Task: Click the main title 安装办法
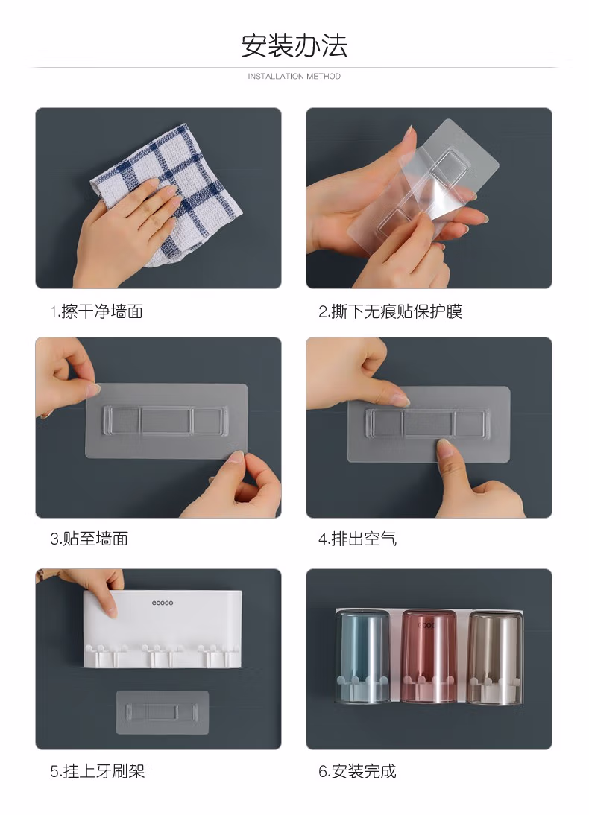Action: tap(294, 45)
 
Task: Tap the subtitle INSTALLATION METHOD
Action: tap(294, 77)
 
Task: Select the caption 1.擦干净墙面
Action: tap(96, 312)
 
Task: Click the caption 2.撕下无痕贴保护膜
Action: tap(390, 312)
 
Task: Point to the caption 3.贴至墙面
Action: tap(89, 539)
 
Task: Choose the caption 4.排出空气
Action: tap(357, 539)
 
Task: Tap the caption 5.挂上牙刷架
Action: tap(98, 771)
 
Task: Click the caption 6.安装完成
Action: tap(357, 771)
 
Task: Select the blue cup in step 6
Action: tap(362, 657)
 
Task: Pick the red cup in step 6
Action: tap(429, 657)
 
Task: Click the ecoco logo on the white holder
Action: tap(163, 603)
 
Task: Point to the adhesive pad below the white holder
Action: tap(163, 713)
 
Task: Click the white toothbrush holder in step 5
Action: tap(163, 629)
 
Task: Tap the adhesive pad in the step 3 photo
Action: tap(166, 421)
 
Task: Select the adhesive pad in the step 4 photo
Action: tap(429, 424)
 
